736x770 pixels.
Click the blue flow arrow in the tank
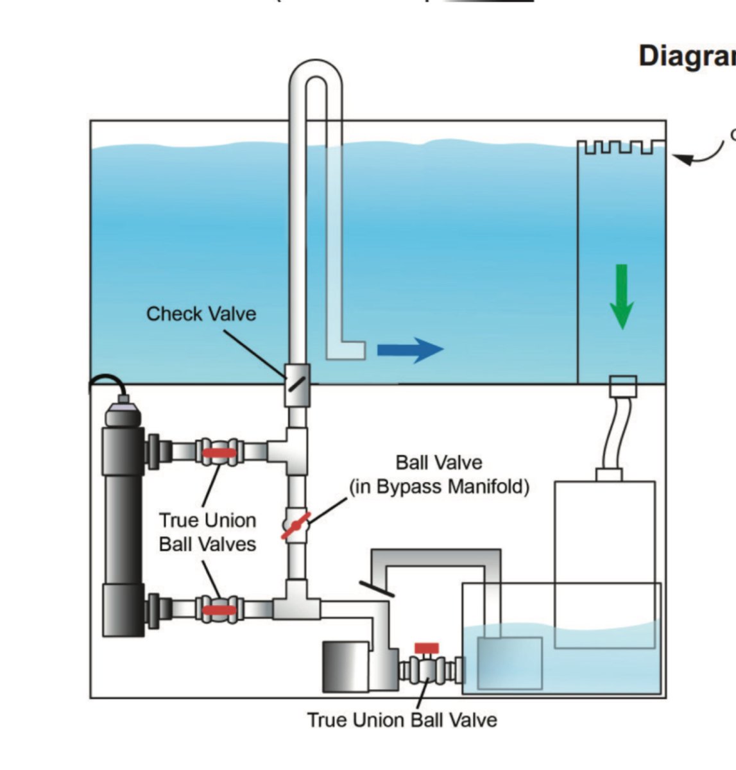[409, 350]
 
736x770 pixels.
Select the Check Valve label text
[201, 314]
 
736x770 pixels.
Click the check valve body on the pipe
[296, 384]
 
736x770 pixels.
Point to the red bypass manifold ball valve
[296, 525]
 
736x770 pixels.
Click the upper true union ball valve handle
[219, 452]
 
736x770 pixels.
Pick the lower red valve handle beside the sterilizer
[219, 610]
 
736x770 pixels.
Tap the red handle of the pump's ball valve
[427, 648]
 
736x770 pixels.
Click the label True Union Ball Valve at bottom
[402, 720]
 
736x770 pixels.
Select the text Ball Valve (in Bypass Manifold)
[439, 475]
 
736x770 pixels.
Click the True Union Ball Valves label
[207, 532]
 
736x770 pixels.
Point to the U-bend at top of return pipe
[315, 74]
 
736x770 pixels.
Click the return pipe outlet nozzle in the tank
[347, 349]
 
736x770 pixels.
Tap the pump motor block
[345, 667]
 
